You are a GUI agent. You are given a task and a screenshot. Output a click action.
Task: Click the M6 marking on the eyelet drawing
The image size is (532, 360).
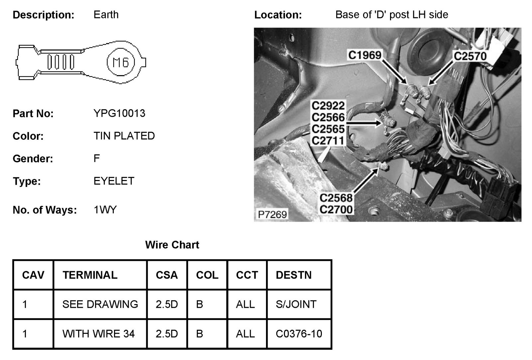121,62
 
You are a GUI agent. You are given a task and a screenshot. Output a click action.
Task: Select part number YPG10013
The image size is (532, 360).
119,113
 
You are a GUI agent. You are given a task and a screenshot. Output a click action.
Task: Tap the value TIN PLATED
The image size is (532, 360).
124,136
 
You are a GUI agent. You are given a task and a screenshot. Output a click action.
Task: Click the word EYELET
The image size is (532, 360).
114,181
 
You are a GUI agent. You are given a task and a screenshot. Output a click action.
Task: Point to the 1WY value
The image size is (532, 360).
105,210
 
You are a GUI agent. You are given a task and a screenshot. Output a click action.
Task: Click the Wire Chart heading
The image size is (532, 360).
172,245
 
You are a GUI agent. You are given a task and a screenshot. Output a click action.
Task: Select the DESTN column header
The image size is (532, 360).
294,275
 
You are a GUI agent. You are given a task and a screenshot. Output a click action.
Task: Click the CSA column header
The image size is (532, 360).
167,275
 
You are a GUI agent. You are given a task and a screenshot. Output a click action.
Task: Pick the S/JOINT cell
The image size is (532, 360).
296,304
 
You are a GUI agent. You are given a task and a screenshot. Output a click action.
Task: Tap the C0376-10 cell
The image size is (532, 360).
299,334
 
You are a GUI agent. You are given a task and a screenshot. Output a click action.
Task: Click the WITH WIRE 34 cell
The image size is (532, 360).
98,334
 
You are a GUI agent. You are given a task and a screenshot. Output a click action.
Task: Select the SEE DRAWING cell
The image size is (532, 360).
100,304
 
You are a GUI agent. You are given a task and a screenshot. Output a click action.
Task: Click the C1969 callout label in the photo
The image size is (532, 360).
365,55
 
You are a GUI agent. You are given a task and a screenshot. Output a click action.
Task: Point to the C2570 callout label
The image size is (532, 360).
470,56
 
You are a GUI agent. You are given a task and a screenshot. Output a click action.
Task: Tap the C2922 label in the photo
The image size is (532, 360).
328,106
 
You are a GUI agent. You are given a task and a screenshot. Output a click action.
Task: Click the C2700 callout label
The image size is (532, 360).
336,210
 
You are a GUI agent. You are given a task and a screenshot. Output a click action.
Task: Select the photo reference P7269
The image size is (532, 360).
272,214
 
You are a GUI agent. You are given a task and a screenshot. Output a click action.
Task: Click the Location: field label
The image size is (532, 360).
278,15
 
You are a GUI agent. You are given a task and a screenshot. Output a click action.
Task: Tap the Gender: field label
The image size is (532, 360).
33,159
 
